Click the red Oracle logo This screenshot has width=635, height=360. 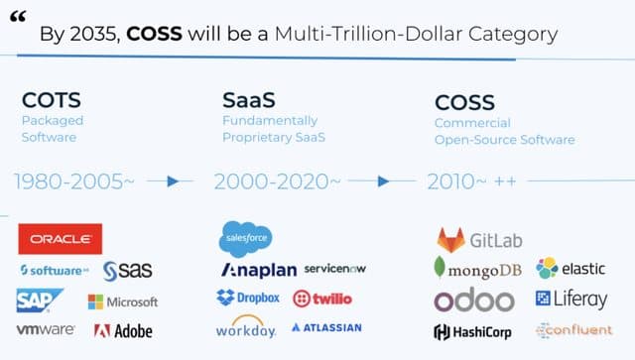[x=60, y=239]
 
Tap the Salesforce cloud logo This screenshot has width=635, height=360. [x=245, y=238]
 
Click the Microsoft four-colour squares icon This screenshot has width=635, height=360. [x=95, y=301]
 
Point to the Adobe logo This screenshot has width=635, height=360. [x=123, y=330]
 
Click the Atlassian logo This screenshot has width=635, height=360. [x=326, y=327]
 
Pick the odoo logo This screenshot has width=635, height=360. [x=474, y=300]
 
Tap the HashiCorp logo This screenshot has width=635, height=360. [x=472, y=331]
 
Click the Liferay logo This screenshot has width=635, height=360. [x=571, y=299]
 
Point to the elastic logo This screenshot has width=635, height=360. [x=571, y=268]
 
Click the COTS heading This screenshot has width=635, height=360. [x=52, y=100]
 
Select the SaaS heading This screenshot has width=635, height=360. [x=248, y=100]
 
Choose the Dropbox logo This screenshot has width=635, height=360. [x=248, y=298]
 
